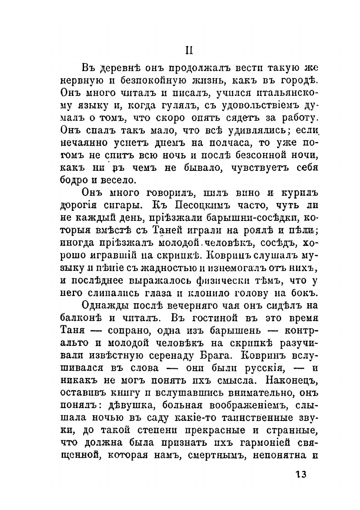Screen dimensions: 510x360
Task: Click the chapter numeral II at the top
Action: pyautogui.click(x=190, y=50)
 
